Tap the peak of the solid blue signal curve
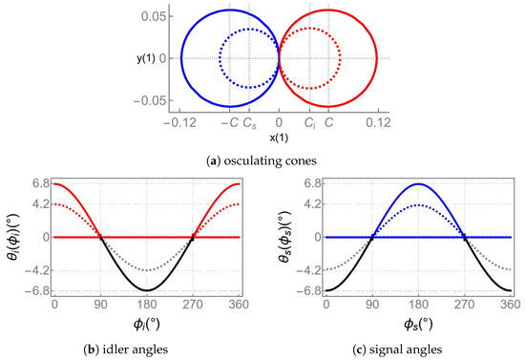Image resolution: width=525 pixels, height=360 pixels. coord(418,183)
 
